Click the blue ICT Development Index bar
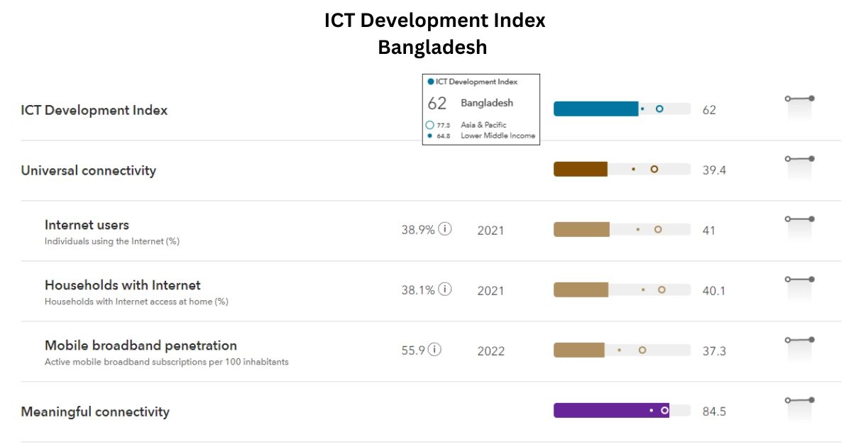(595, 109)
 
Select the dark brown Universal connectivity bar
(580, 170)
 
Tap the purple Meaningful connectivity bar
(610, 411)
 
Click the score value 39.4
(713, 170)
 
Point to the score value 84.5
(713, 412)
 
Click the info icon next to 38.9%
(445, 229)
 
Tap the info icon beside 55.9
(434, 350)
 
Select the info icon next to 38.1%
(445, 289)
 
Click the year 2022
(490, 351)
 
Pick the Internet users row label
(87, 225)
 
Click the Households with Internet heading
(122, 285)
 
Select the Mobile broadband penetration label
(141, 346)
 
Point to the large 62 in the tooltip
(437, 104)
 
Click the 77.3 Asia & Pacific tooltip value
(444, 125)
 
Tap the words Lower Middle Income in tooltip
(498, 136)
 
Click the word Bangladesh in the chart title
(432, 48)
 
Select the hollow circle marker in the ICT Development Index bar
(659, 109)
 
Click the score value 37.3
(713, 351)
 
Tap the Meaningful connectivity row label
(95, 412)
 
